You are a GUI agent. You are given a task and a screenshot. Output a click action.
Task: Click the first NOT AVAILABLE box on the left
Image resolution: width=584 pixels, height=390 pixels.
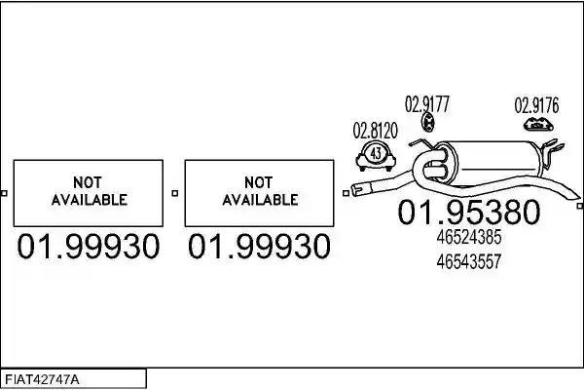coord(89,193)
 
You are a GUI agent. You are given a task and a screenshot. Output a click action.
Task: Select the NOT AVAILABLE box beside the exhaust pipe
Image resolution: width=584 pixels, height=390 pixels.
coord(259,193)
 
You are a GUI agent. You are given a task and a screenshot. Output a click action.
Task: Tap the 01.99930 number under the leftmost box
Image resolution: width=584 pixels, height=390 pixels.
coord(89,247)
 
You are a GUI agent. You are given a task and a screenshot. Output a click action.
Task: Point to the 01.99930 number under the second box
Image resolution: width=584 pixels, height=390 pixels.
coord(259,247)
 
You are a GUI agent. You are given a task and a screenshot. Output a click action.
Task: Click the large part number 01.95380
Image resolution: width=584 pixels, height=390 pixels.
coord(469,212)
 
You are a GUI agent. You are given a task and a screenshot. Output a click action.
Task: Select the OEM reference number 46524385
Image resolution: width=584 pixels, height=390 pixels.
coord(469,237)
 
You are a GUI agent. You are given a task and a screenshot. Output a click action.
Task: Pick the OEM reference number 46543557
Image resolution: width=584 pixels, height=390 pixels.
coord(469,261)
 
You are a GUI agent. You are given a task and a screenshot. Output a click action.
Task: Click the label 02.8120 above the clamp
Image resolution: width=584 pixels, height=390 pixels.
coord(376,131)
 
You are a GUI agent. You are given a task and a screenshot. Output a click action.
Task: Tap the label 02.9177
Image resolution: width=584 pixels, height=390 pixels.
coord(427,104)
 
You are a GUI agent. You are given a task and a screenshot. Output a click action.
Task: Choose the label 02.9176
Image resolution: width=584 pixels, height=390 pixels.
coord(536,105)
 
